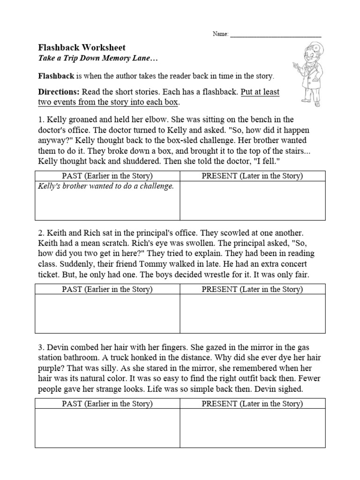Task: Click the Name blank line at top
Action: tap(276, 35)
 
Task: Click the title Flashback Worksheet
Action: tap(81, 47)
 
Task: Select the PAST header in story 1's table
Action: tap(107, 176)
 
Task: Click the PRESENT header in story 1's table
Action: tap(252, 176)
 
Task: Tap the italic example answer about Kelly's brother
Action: tap(105, 186)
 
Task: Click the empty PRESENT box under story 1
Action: tap(252, 201)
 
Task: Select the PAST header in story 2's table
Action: tap(107, 289)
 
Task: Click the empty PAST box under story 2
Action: tap(107, 314)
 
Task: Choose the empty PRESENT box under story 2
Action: tap(252, 314)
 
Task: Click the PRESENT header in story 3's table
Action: tap(252, 404)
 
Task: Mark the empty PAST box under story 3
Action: tap(107, 428)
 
